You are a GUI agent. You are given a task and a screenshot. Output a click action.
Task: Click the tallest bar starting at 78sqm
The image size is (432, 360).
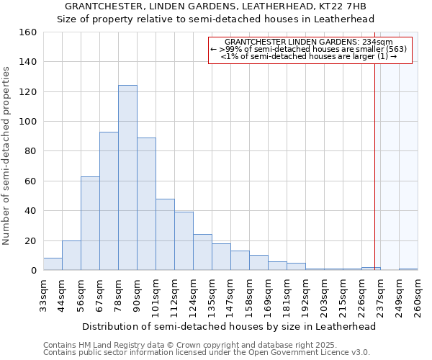127,178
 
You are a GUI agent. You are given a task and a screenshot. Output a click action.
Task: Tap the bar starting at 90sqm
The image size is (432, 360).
146,204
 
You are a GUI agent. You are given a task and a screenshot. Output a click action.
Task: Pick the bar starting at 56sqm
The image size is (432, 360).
90,223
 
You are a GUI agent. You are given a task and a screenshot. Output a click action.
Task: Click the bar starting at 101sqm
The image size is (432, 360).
165,235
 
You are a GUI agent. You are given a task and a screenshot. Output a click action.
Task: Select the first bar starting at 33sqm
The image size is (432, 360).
53,264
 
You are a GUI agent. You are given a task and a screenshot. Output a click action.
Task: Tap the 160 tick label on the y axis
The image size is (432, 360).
27,32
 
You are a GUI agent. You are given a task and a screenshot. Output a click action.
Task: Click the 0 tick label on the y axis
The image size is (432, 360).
33,271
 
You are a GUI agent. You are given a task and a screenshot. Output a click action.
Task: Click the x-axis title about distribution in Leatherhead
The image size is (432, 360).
229,326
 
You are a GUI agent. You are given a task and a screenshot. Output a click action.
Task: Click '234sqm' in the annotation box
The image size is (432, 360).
377,42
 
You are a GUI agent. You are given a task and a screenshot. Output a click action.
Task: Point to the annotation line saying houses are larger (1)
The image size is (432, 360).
310,56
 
